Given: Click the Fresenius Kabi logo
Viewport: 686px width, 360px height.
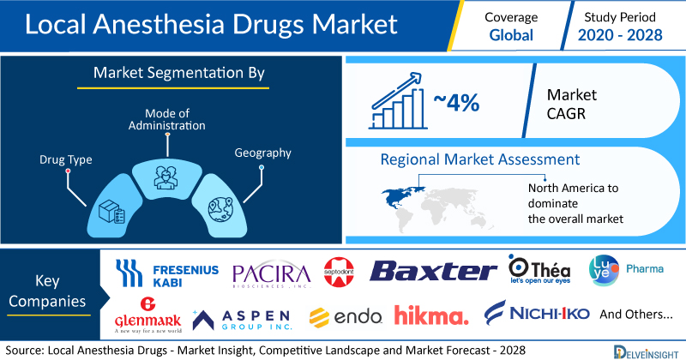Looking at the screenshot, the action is pos(166,273).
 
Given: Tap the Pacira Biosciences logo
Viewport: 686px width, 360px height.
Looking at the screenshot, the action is pos(271,275).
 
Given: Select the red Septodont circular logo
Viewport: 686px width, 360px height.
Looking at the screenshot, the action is pos(339,272).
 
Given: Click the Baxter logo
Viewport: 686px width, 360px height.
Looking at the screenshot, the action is pos(433,271).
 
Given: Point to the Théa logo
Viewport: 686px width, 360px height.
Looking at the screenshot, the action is pos(539,269).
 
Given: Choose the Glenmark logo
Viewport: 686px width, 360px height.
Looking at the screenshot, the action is pos(147,315).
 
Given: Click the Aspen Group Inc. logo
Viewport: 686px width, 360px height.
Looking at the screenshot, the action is pos(241,320).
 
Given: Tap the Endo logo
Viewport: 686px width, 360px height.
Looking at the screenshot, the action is pos(346,317).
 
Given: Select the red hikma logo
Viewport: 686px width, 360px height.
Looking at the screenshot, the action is pos(431,315).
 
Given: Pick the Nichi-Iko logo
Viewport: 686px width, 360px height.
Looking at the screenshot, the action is pos(537,313).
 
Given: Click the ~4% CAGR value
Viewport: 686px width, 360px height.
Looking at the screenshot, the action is pos(456,103).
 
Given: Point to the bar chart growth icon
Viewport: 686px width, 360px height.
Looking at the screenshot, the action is pos(397,100).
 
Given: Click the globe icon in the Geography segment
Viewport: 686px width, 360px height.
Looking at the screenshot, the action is pos(220,209).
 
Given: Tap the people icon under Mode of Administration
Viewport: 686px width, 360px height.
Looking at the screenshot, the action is pos(165,177).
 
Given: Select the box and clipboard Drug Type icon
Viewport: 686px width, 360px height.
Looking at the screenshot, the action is pos(111,213).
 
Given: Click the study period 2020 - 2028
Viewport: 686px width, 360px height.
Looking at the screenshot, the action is pos(620,35).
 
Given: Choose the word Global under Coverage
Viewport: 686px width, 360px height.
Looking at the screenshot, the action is pos(511,35).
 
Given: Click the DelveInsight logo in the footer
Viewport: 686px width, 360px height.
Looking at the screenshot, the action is pos(646,352).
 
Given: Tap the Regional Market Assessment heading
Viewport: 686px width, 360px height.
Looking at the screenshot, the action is pos(480,159).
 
